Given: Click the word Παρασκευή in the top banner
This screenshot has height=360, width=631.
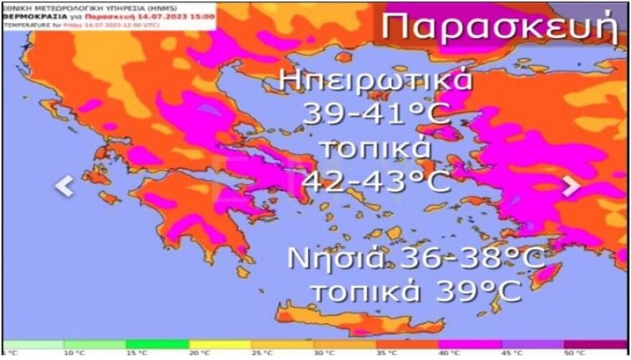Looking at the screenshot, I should tap(498, 27).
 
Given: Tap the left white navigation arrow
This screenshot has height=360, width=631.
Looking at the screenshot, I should tap(65, 186).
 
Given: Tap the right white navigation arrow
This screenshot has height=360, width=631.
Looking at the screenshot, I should tap(571, 186).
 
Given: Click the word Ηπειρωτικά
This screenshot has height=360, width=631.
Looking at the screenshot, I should tap(376, 80).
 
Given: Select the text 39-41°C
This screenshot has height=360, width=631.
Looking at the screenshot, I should tap(376, 113).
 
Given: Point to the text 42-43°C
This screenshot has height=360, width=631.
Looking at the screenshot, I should tap(376, 181).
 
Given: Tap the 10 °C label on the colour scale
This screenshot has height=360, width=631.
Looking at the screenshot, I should tap(74, 353).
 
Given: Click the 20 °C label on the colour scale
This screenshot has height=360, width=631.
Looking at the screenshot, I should tap(200, 353).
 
